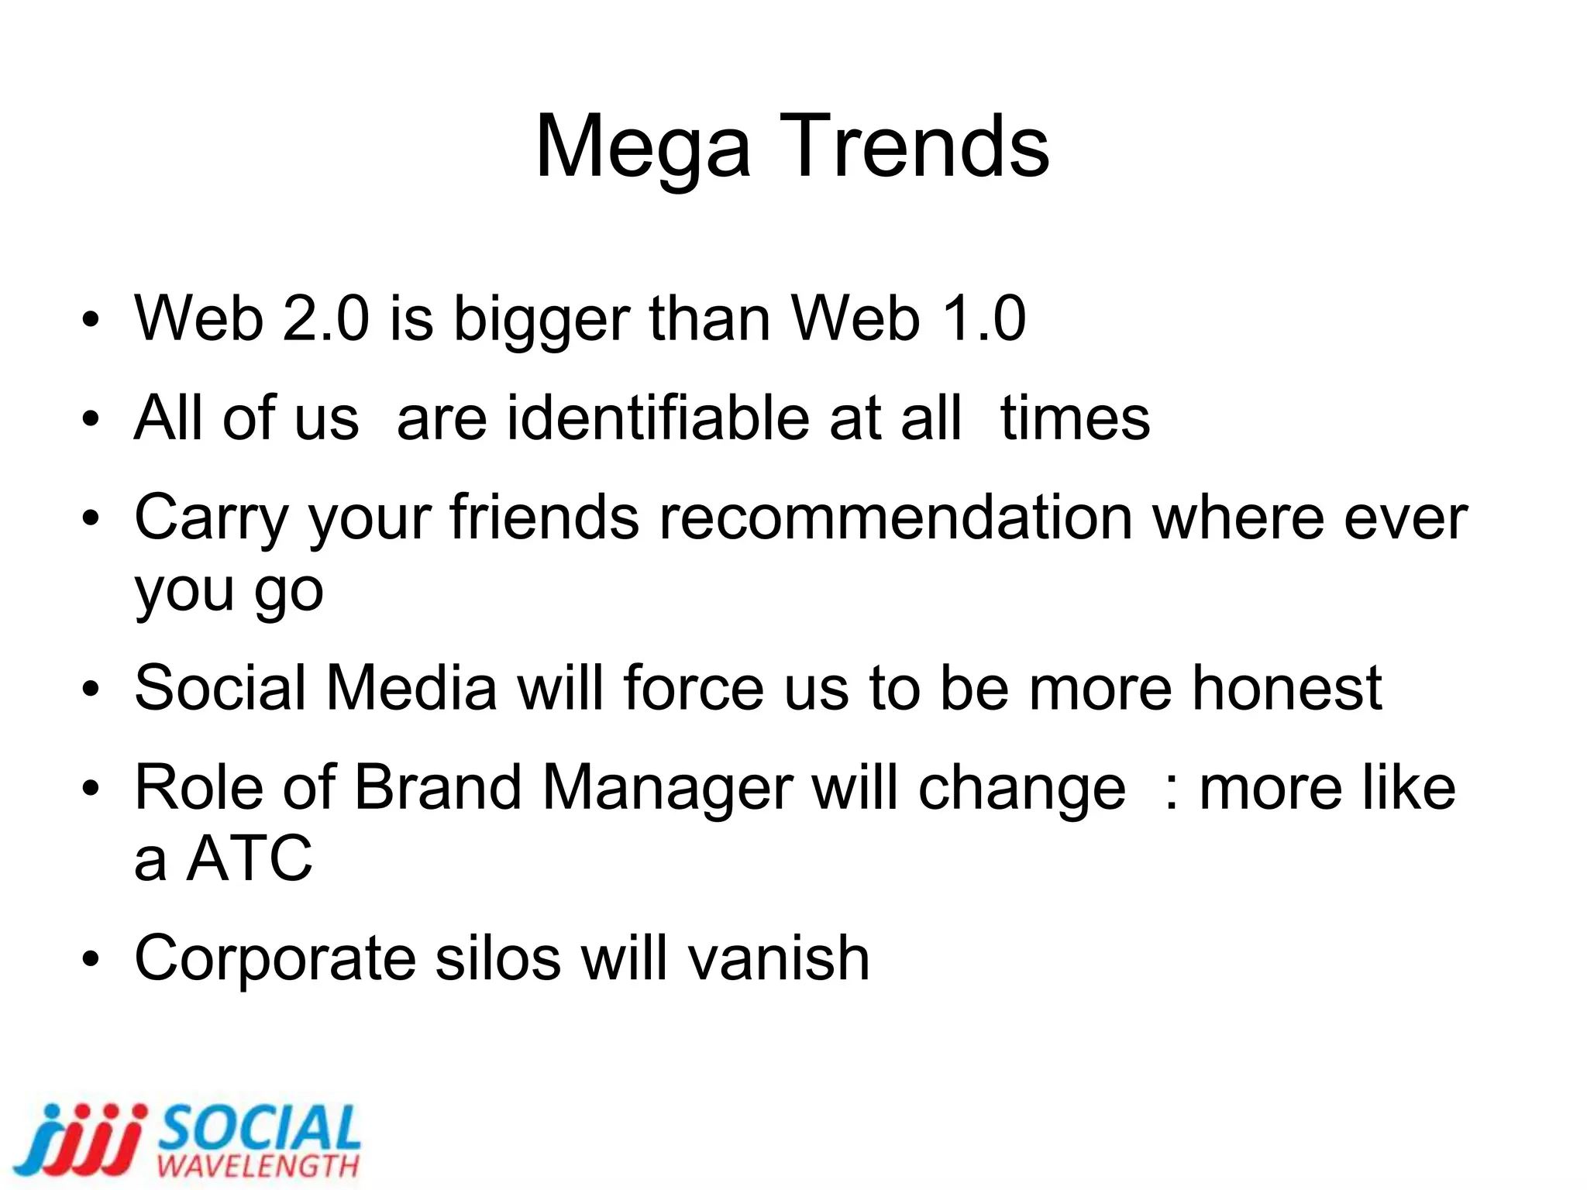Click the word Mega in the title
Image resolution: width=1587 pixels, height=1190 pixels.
coord(642,147)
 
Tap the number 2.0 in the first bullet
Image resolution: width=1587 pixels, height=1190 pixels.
coord(325,318)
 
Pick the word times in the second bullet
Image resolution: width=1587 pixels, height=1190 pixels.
coord(1075,418)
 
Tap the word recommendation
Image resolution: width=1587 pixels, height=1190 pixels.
coord(895,518)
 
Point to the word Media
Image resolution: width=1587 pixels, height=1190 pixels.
coord(411,688)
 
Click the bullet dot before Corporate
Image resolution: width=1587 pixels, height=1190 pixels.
coord(91,961)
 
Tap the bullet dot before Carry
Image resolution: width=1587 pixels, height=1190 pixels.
coord(91,519)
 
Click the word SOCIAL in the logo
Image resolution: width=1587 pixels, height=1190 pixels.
coord(260,1130)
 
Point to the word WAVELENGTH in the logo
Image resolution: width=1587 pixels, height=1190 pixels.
coord(258,1166)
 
